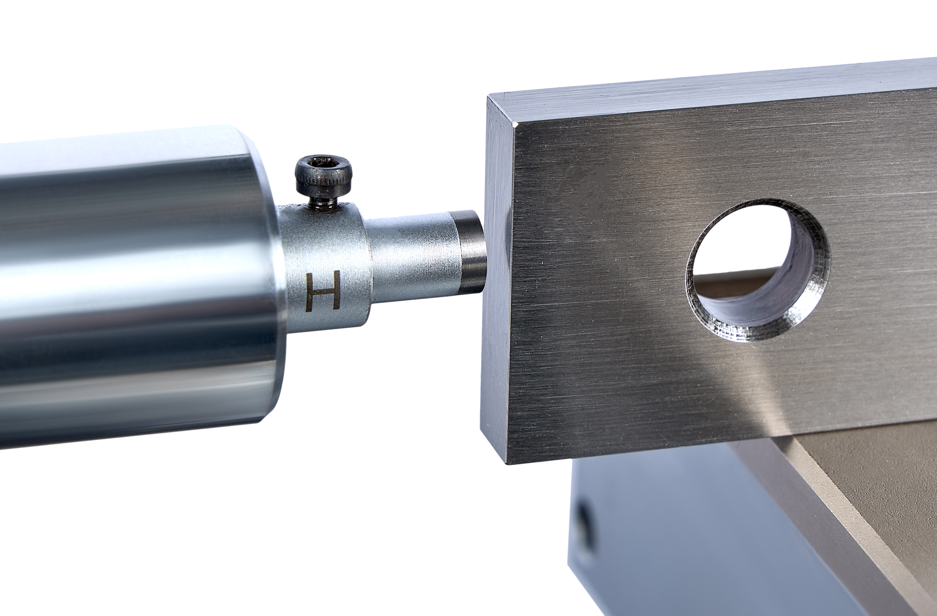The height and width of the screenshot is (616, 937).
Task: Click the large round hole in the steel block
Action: (x=758, y=270)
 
